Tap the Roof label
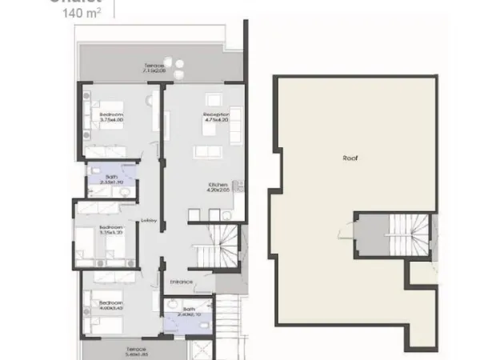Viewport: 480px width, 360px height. point(349,158)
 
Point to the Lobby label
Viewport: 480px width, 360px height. point(147,222)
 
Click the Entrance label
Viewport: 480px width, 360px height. point(181,282)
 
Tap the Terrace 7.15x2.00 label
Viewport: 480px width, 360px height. point(154,67)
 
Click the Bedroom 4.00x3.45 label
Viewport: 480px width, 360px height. point(111,306)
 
